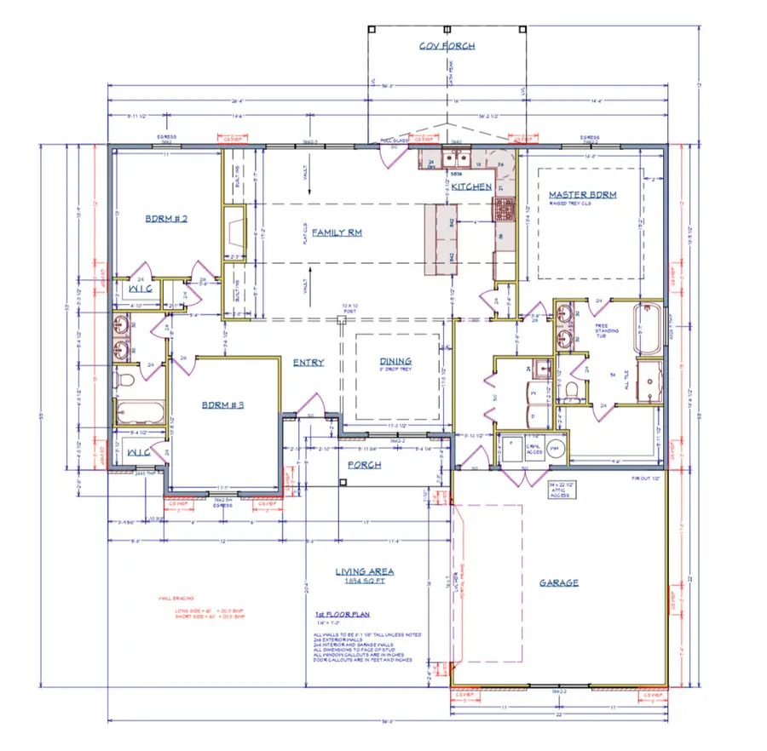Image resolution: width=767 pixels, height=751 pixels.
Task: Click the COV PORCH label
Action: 447,45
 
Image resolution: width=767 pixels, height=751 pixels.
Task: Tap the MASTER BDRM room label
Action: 582,194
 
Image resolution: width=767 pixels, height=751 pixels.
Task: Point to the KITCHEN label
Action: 471,186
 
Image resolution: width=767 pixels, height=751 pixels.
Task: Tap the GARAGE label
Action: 559,582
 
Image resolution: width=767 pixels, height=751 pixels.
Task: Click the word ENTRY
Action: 308,363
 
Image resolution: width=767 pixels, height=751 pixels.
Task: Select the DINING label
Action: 395,361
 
